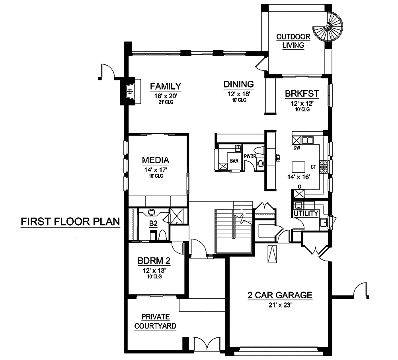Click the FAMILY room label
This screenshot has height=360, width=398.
[165, 86]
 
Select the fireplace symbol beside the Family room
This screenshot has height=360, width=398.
[130, 91]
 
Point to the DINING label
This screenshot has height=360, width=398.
[238, 84]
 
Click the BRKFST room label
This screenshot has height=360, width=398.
[302, 94]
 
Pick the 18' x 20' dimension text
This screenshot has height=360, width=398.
[165, 96]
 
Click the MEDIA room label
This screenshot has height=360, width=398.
[156, 160]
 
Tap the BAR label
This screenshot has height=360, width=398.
[234, 161]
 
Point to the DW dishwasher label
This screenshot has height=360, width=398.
[297, 148]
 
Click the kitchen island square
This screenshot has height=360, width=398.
[298, 166]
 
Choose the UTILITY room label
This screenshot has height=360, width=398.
[306, 214]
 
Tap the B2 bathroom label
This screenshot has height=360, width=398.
[153, 224]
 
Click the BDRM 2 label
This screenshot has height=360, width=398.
[154, 261]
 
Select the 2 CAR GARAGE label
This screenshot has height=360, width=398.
[280, 296]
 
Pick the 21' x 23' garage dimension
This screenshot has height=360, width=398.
[280, 305]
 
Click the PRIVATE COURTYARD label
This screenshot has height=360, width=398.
[155, 321]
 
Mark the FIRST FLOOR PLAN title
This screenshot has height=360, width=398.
[70, 222]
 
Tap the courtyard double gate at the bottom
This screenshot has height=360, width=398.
[207, 344]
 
